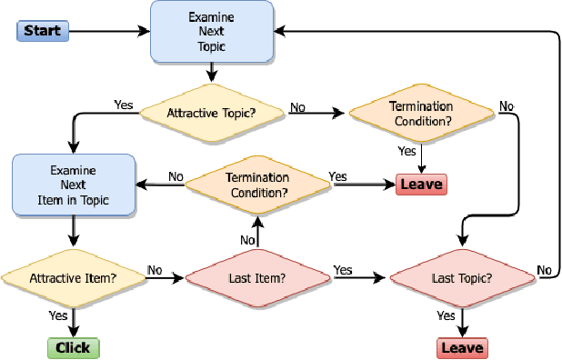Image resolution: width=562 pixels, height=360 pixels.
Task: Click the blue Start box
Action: click(x=42, y=32)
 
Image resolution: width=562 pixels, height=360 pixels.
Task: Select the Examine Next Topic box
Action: click(x=211, y=32)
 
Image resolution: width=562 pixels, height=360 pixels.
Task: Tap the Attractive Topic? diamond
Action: click(x=211, y=113)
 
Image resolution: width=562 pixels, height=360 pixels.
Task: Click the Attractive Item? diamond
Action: click(x=73, y=277)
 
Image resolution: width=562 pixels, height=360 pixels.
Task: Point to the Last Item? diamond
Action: click(x=257, y=277)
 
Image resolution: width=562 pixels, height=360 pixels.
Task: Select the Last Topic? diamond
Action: click(x=462, y=277)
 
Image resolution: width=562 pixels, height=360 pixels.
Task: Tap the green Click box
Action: click(x=73, y=347)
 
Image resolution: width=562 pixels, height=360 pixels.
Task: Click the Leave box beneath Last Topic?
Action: click(x=462, y=347)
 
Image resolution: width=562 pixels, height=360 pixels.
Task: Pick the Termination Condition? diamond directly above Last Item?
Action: click(x=257, y=185)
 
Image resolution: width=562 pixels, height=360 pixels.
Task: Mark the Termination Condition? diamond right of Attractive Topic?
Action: click(x=420, y=113)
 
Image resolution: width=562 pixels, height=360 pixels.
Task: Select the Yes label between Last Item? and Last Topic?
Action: click(x=343, y=270)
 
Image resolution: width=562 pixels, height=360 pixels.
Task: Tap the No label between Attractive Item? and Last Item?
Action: click(x=155, y=270)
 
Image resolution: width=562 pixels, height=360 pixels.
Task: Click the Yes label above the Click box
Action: click(x=57, y=315)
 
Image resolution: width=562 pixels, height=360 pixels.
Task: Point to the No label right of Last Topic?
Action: click(x=544, y=270)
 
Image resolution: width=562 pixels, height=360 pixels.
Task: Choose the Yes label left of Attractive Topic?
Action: click(x=124, y=105)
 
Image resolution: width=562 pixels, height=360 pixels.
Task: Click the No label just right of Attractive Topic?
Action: click(x=297, y=107)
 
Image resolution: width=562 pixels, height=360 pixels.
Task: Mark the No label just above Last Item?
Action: click(x=247, y=239)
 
